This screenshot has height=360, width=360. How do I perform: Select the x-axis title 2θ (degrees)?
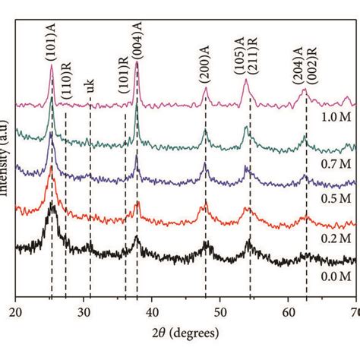pos(186,333)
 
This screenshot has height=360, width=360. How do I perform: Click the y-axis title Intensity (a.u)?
pos(7,152)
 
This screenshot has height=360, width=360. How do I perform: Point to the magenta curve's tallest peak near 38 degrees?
pos(137,63)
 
